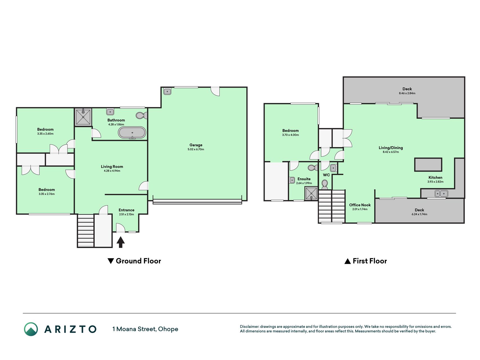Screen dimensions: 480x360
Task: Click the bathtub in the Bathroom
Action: point(132,132)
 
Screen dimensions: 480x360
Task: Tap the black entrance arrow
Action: point(121,242)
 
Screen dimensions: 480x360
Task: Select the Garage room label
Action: point(196,145)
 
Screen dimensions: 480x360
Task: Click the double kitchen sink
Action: point(441,193)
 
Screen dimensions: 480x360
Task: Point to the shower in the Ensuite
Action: point(311,193)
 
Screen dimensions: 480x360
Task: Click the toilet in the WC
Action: point(325,185)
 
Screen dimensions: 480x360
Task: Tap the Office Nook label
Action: point(360,205)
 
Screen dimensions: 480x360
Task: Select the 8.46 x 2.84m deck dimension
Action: point(407,93)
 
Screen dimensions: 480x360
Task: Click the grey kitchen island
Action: point(428,165)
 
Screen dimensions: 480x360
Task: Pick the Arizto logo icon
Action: point(31,329)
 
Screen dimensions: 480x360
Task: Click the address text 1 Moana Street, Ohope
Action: point(145,329)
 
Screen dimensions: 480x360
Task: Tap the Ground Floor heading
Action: point(134,261)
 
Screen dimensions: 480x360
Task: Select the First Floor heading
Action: point(366,261)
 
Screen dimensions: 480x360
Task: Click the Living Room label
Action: point(112,166)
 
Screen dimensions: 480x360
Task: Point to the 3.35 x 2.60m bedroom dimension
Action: point(45,134)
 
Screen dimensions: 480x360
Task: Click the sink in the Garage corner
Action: point(167,91)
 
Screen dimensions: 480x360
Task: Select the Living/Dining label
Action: point(391,148)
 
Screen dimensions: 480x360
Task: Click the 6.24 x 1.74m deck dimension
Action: point(419,214)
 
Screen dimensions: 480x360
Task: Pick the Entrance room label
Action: point(126,210)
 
